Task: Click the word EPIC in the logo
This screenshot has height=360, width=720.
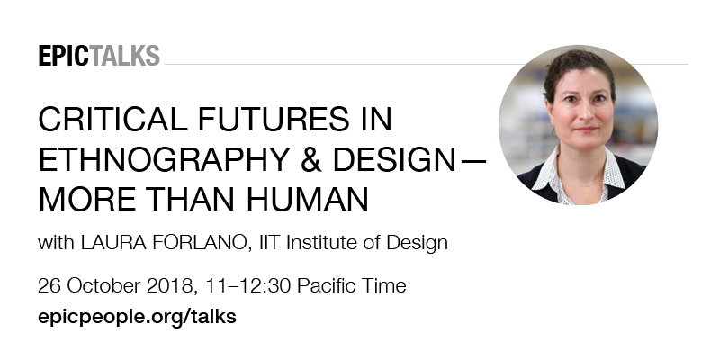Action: (x=64, y=56)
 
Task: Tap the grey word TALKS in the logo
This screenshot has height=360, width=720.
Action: (x=124, y=56)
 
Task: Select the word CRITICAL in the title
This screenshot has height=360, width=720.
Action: (x=112, y=119)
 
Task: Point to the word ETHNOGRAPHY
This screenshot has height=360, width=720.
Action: (x=164, y=159)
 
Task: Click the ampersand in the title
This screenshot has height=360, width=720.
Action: (x=311, y=159)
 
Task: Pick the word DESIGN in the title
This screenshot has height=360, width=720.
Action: (x=393, y=159)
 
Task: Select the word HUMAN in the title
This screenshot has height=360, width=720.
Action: (x=308, y=199)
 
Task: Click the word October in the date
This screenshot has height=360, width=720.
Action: (x=104, y=285)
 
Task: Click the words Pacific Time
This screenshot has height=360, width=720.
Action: (x=352, y=285)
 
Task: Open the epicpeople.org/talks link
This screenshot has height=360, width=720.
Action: (x=138, y=318)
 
